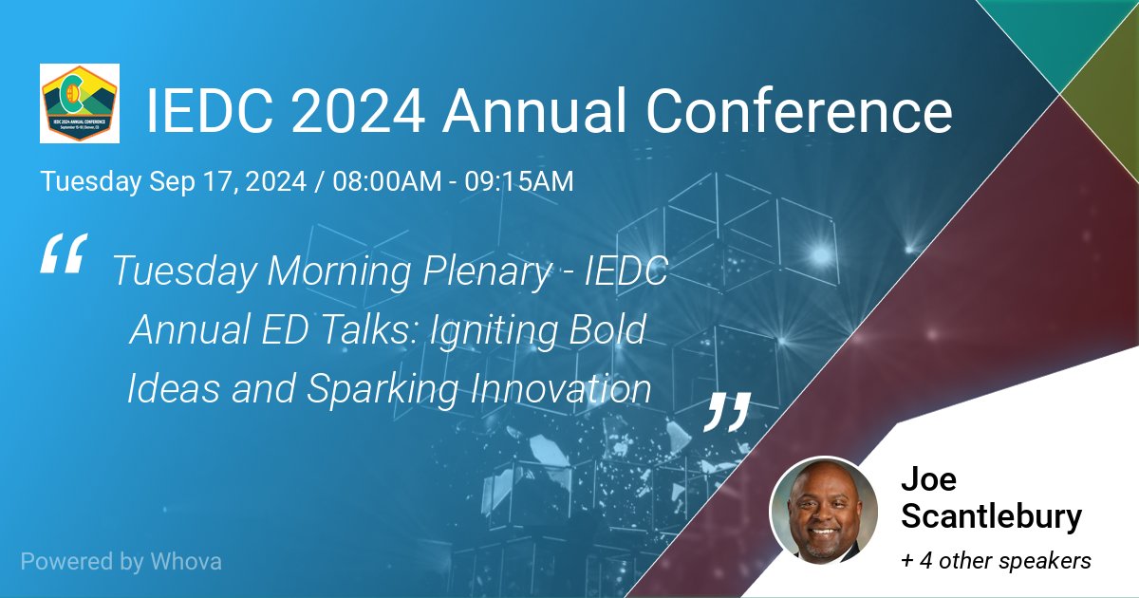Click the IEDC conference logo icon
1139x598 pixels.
(x=80, y=103)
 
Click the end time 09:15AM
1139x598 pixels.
(x=518, y=181)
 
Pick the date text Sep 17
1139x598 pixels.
(x=182, y=181)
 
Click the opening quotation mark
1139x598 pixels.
(x=64, y=253)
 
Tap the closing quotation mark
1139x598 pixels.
(x=728, y=410)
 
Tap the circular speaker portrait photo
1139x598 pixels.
(x=823, y=512)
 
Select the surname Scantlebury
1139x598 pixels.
(x=991, y=517)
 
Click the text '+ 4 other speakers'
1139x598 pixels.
(x=996, y=561)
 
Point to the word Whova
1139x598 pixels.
(x=186, y=561)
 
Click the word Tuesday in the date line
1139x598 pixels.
(x=91, y=181)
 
